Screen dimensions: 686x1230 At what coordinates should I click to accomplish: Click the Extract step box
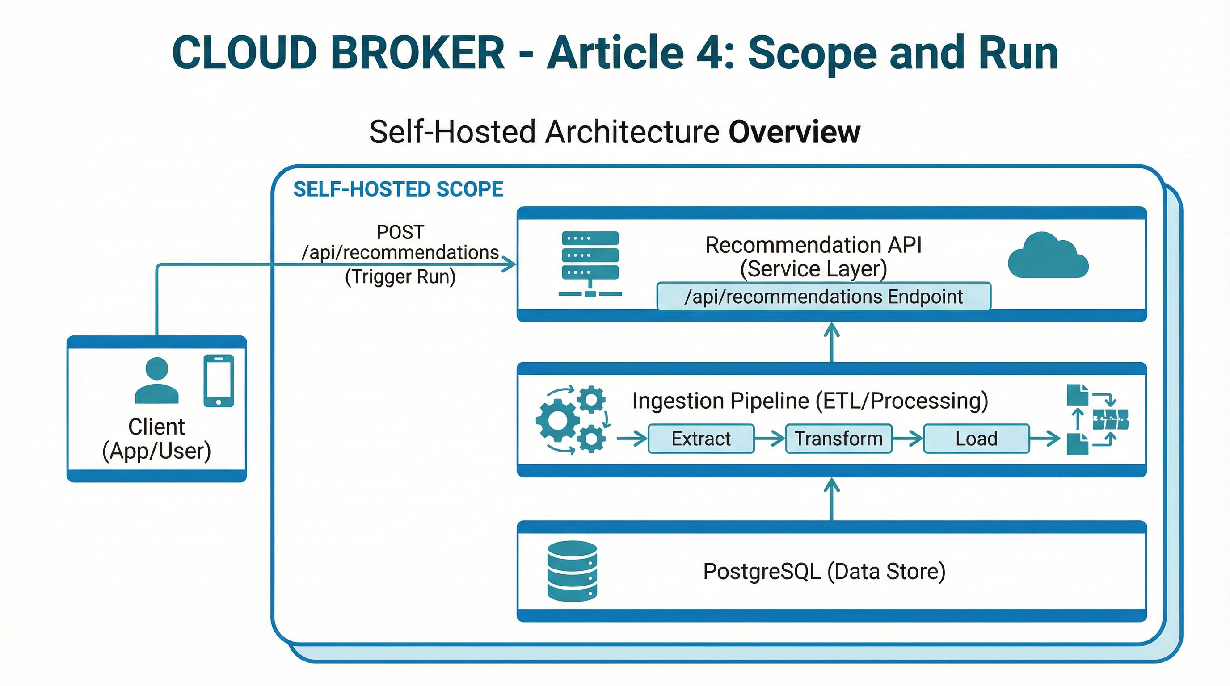tap(700, 439)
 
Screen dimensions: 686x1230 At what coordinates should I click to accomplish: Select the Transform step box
tap(838, 439)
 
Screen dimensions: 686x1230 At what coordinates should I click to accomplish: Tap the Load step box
tap(976, 439)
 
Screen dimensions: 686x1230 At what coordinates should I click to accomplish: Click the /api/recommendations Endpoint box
tap(823, 297)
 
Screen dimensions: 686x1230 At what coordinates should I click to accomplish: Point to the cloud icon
tap(1048, 256)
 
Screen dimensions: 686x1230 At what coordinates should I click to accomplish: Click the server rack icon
tap(590, 264)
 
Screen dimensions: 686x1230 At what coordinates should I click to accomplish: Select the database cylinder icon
tap(572, 571)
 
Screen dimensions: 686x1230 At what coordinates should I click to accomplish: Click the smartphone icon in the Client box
tap(219, 380)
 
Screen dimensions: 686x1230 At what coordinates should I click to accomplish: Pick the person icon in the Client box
tap(156, 381)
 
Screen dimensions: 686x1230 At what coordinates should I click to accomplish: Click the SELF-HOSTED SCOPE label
tap(398, 189)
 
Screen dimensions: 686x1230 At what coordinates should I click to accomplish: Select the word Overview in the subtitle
tap(794, 132)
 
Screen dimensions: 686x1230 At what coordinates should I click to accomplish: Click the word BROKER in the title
tap(417, 53)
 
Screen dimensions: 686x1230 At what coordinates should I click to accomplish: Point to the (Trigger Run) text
tap(400, 277)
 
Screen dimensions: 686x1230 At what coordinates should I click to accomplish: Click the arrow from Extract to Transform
tap(770, 438)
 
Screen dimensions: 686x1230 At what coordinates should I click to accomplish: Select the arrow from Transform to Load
tap(907, 438)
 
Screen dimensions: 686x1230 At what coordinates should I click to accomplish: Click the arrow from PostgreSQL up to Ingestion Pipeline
tap(832, 499)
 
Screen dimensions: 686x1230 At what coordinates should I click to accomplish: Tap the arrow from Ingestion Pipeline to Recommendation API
tap(832, 342)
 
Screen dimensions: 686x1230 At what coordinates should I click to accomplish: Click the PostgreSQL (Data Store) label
tap(824, 571)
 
